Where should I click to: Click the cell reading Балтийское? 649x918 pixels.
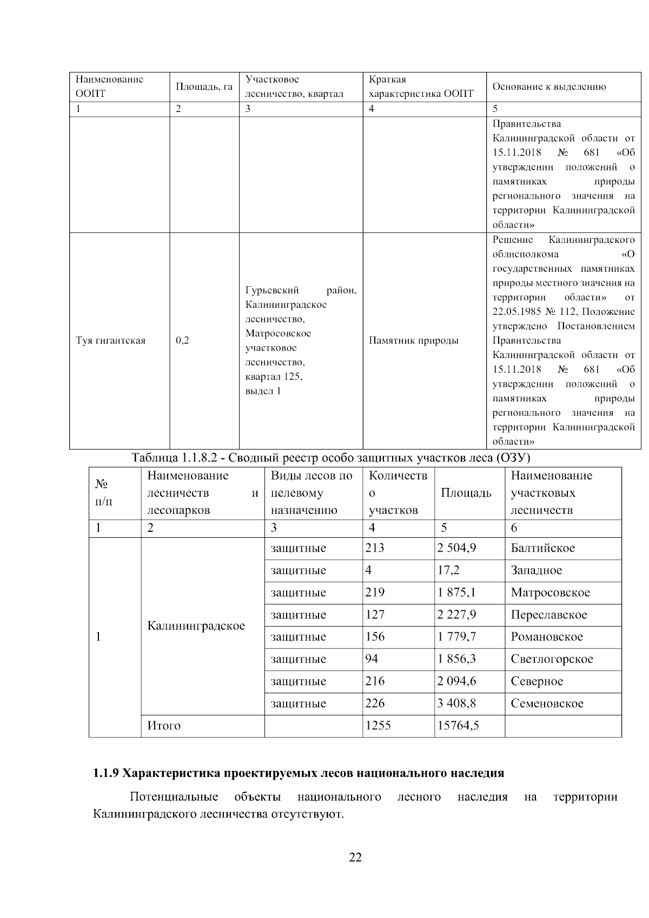point(542,548)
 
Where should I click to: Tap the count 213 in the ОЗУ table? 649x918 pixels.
point(375,548)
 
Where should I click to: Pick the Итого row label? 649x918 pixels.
point(164,725)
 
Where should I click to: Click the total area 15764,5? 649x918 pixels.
point(458,725)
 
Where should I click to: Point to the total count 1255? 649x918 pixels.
point(378,725)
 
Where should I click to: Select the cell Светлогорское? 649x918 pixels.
point(551,659)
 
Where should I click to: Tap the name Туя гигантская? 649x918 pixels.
point(111,341)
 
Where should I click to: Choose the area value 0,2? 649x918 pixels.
point(182,341)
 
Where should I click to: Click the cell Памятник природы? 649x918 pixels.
point(413,341)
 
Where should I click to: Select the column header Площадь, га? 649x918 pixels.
point(204,87)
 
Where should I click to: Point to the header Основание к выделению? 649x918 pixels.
point(548,87)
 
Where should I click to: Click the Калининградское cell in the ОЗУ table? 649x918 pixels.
point(196,626)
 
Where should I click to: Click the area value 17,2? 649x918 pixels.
point(448,570)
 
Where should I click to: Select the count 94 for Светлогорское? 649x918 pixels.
point(372,659)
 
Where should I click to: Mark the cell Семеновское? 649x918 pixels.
point(546,703)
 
